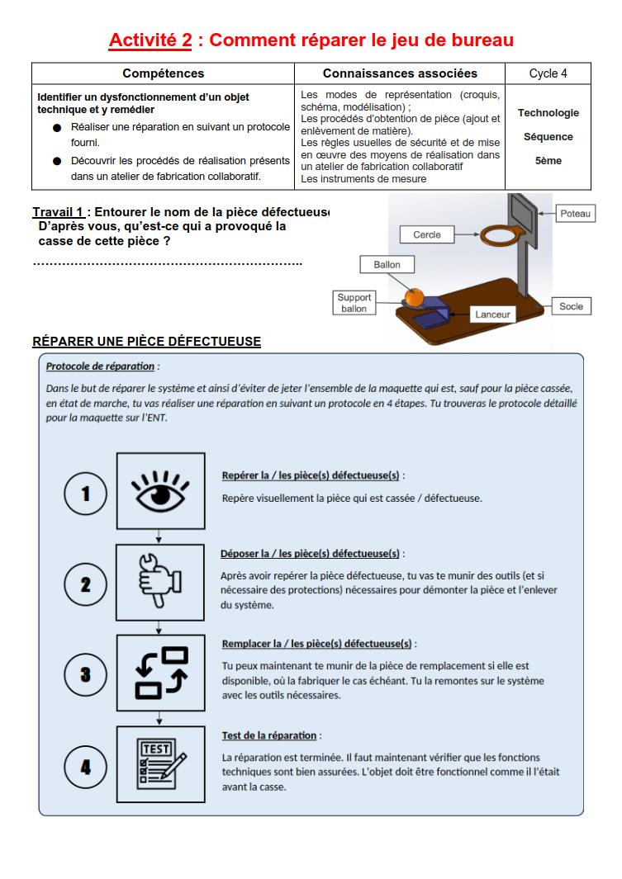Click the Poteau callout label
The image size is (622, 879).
pyautogui.click(x=575, y=214)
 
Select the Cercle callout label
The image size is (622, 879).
pyautogui.click(x=426, y=234)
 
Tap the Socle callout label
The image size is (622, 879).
pyautogui.click(x=571, y=306)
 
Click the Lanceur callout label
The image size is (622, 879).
pyautogui.click(x=493, y=314)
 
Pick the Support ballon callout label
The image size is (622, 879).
pyautogui.click(x=354, y=303)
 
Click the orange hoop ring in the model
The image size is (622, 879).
pyautogui.click(x=500, y=236)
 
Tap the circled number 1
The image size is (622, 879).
pyautogui.click(x=85, y=494)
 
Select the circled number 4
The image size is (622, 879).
pyautogui.click(x=85, y=768)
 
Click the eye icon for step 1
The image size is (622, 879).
pyautogui.click(x=160, y=490)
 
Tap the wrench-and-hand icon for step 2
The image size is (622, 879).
pyautogui.click(x=160, y=583)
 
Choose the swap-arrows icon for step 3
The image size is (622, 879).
pyautogui.click(x=160, y=673)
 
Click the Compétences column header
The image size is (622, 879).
pyautogui.click(x=163, y=73)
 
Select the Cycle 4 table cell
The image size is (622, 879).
pyautogui.click(x=548, y=73)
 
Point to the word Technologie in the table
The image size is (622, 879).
pyautogui.click(x=548, y=113)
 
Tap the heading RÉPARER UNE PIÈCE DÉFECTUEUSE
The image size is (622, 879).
pyautogui.click(x=146, y=342)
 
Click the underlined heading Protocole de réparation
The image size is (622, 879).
pyautogui.click(x=100, y=366)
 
